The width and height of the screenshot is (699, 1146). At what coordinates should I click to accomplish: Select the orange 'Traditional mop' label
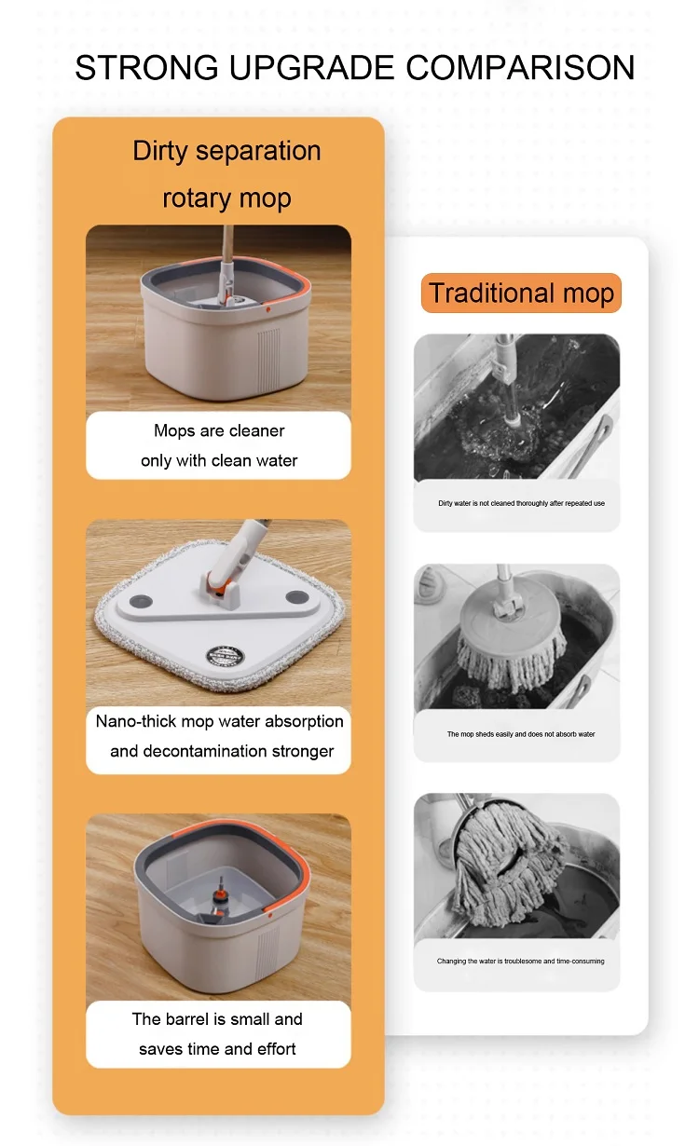521,293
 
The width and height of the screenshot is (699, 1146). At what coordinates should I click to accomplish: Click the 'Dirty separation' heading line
226,151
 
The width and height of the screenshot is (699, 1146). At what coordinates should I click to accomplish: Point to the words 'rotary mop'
226,198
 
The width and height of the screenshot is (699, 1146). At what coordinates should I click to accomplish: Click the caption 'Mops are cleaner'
219,430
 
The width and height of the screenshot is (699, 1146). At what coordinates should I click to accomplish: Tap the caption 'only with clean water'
219,460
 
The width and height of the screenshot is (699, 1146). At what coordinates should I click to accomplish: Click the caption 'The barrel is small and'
217,1018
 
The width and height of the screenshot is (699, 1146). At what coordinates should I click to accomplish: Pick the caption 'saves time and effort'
217,1048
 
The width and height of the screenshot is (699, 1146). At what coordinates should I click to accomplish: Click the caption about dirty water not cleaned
521,503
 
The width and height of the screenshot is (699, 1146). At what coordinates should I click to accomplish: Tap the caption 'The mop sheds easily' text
521,734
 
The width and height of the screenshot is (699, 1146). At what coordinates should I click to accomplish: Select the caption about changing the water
520,961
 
